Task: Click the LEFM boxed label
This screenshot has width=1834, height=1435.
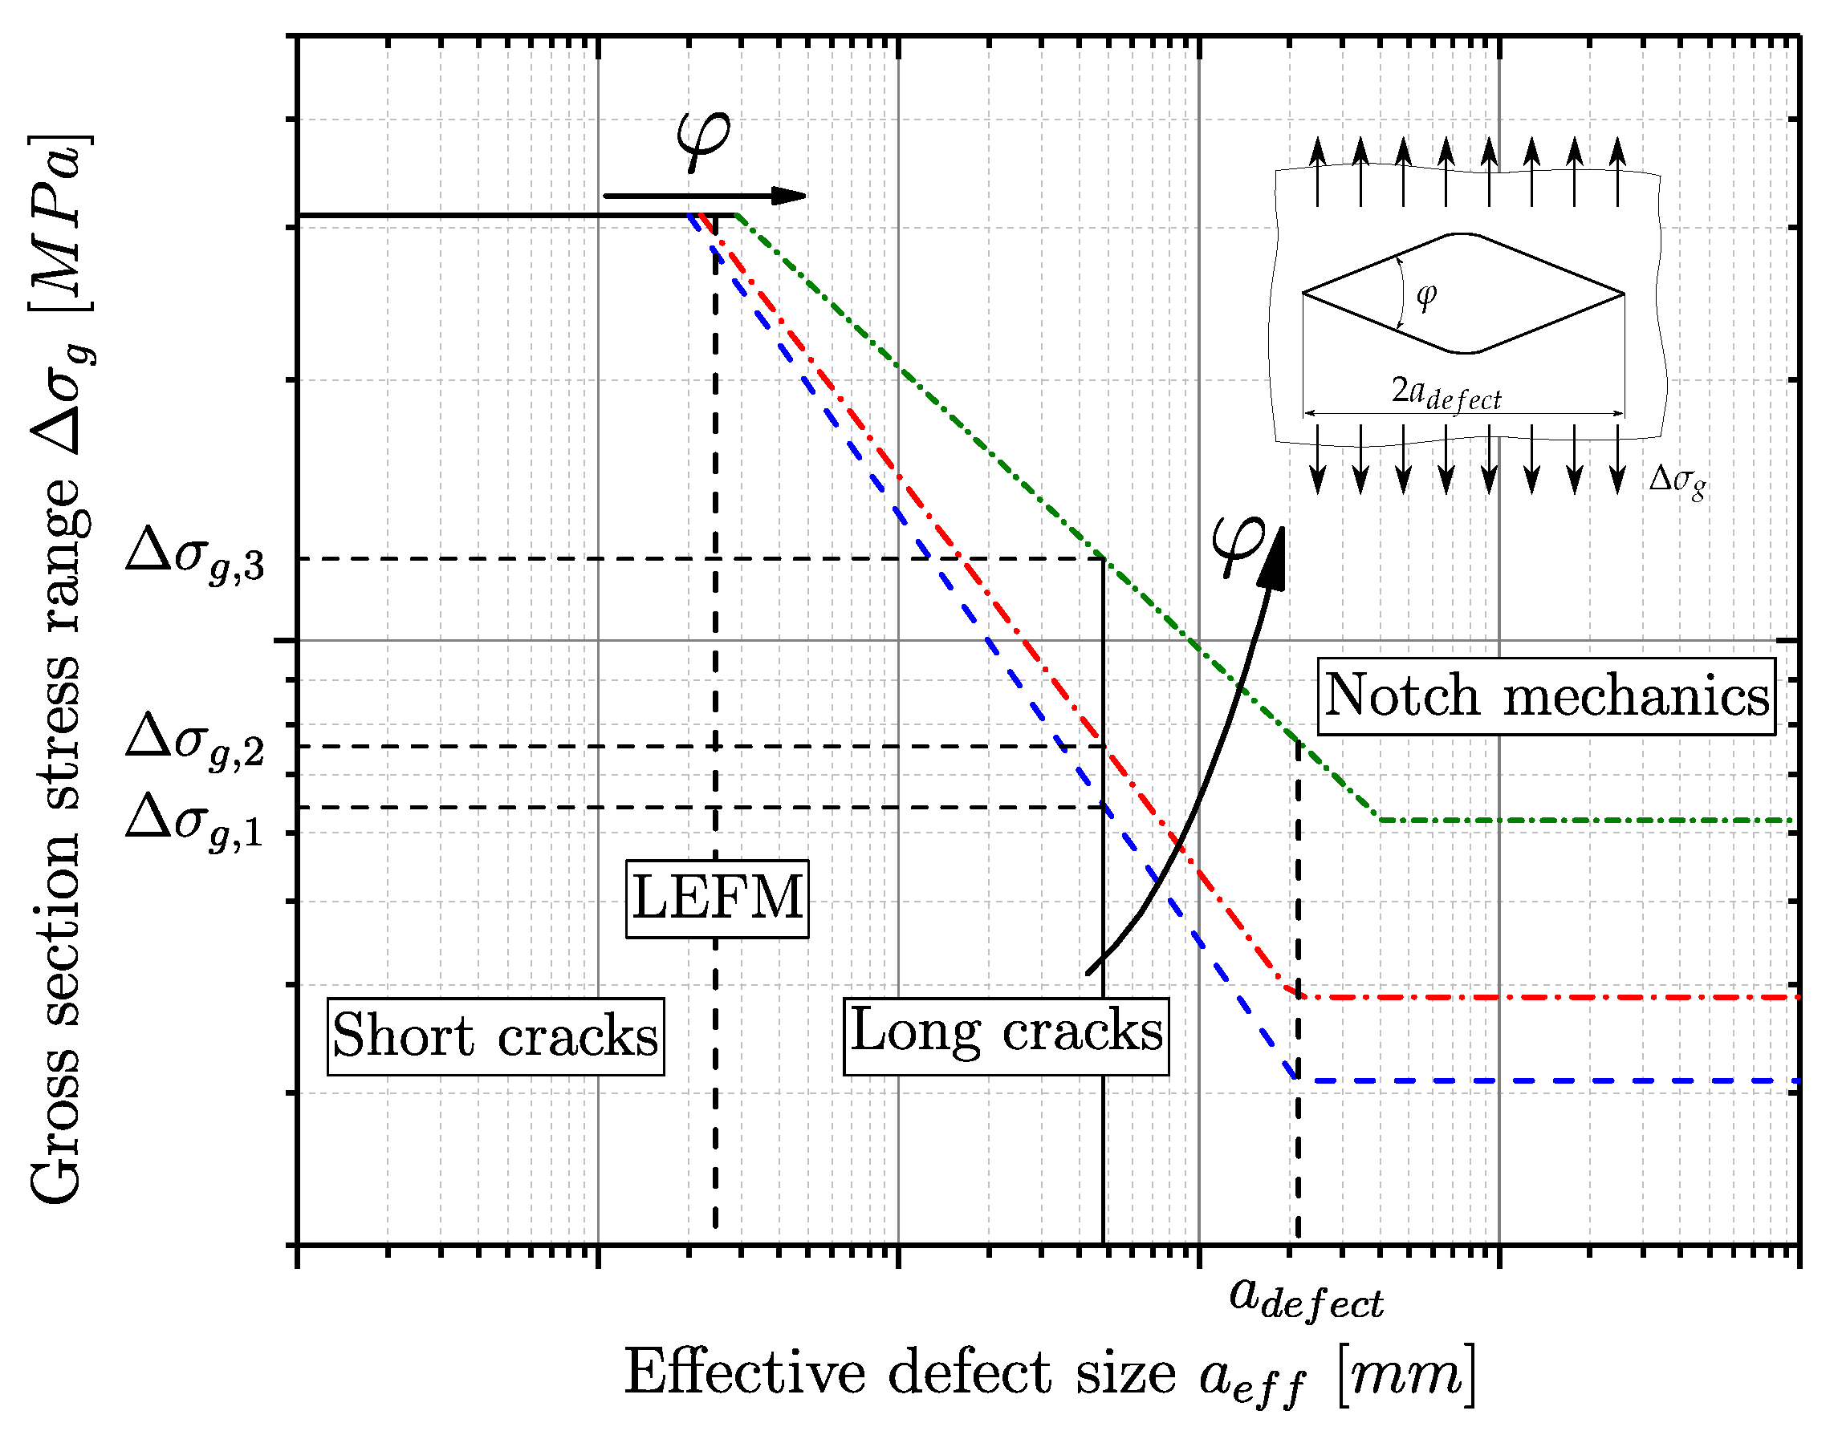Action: (717, 898)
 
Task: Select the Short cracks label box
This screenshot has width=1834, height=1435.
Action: (495, 1036)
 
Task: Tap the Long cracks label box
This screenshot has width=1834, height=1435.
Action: (1006, 1036)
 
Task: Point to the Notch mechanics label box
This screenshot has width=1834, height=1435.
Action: (1547, 696)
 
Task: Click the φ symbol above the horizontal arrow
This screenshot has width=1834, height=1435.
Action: (704, 139)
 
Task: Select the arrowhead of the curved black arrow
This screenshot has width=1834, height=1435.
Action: (1275, 559)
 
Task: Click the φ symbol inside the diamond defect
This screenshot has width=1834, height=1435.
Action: (1426, 296)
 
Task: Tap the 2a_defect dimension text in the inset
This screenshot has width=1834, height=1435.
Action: (1446, 393)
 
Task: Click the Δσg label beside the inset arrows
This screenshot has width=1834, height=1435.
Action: (1677, 481)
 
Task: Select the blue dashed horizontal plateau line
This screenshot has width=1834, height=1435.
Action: (1547, 1080)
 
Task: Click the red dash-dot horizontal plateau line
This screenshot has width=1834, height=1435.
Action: (1547, 997)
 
